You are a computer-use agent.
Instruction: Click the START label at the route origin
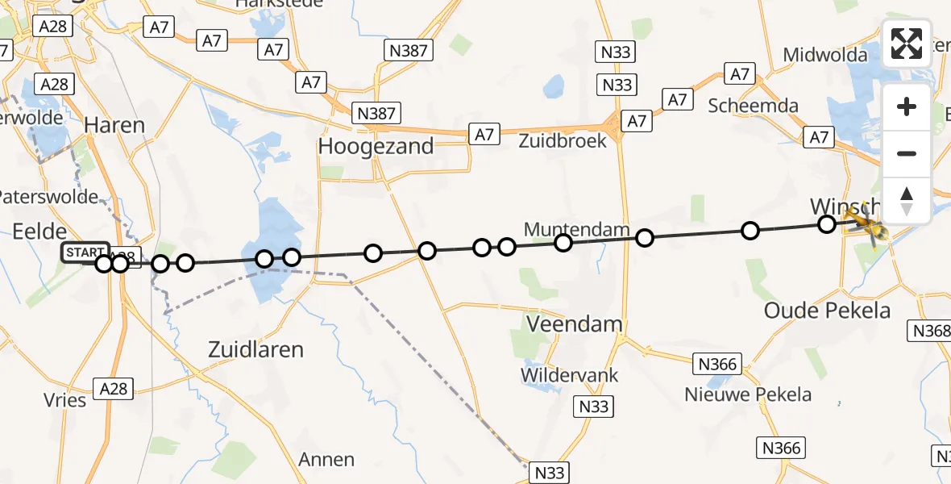tap(85, 252)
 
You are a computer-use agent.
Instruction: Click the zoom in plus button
tap(907, 106)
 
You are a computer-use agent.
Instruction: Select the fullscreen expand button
tap(907, 44)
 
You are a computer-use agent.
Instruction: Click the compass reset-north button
tap(907, 200)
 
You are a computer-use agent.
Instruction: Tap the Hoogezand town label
tap(376, 147)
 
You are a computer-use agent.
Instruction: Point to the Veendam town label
tap(574, 324)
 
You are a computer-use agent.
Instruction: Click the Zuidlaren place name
tap(255, 349)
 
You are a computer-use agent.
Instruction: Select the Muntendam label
tap(576, 230)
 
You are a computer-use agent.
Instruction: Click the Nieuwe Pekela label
tap(748, 394)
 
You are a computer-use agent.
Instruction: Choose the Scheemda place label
tap(753, 106)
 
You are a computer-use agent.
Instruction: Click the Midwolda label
tap(825, 55)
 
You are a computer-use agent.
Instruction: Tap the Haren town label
tap(114, 125)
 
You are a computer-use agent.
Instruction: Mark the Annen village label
tap(326, 460)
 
